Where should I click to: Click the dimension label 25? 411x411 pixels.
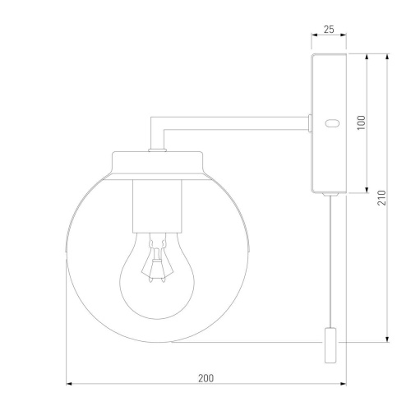click(329, 30)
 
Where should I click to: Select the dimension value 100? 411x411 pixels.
click(362, 122)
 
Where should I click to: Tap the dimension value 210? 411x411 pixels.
click(381, 197)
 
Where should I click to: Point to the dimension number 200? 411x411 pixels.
click(205, 378)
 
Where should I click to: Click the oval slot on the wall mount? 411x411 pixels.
click(332, 123)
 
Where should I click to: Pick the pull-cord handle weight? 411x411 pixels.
click(330, 345)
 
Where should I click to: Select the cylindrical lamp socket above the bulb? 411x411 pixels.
click(157, 206)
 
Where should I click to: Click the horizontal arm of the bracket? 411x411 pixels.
click(236, 123)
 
